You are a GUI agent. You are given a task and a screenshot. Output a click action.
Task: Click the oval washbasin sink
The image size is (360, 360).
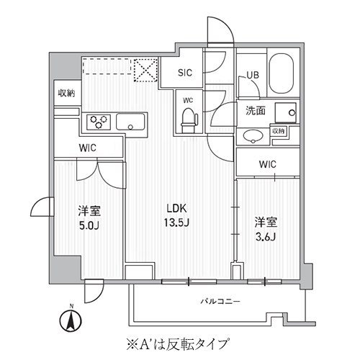(x=254, y=136)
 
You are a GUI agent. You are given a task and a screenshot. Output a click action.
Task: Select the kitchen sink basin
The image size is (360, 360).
(x=131, y=122)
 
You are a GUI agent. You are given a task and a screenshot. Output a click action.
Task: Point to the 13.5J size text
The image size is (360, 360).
(x=178, y=221)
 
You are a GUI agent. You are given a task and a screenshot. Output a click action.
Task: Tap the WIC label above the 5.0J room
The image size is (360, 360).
(x=88, y=148)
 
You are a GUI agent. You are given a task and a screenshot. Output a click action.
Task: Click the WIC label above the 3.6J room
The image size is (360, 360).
(x=267, y=164)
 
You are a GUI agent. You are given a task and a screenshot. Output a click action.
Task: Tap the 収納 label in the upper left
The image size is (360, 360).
(x=66, y=94)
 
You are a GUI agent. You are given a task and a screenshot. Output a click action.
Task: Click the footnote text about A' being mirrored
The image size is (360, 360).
(x=180, y=343)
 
